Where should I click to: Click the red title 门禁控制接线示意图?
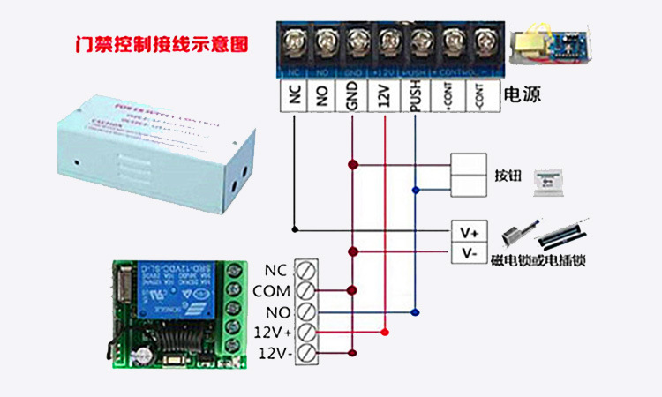point(162,43)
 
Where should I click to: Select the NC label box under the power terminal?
point(293,96)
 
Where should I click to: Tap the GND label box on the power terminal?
point(352,96)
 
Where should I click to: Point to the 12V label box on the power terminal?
point(383,96)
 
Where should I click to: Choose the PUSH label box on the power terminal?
point(415,96)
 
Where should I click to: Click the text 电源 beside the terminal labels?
point(522,94)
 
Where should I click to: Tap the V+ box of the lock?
point(469,231)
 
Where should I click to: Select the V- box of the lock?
point(469,253)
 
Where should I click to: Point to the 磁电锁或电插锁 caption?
point(540,260)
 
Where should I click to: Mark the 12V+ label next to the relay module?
point(273,333)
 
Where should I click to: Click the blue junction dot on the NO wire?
point(416,311)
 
